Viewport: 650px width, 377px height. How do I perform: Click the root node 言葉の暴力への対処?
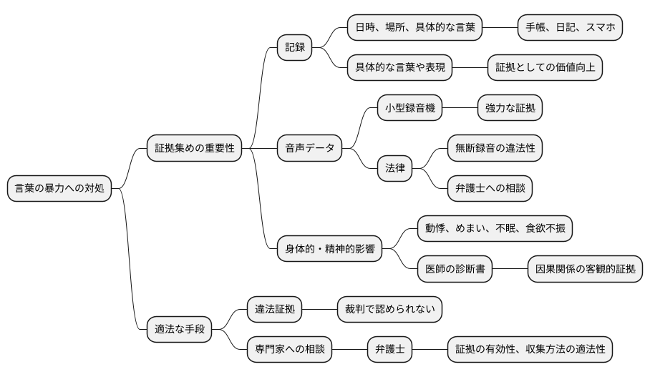(59, 189)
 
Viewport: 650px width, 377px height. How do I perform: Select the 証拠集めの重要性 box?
(195, 149)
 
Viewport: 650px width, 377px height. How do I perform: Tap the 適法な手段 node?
(180, 330)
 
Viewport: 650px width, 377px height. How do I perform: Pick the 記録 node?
(295, 48)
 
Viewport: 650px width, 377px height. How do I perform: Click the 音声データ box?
(310, 149)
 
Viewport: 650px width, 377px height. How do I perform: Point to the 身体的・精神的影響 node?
(329, 250)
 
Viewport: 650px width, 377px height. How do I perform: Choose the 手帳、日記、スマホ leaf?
(570, 28)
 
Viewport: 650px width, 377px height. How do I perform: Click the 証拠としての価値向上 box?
(545, 68)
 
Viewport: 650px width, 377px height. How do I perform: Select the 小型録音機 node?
(409, 109)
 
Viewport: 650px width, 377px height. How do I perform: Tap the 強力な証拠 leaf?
(510, 109)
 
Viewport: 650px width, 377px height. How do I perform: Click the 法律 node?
(394, 169)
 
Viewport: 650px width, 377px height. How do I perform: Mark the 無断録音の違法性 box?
(495, 149)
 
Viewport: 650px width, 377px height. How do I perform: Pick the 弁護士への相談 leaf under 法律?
(490, 189)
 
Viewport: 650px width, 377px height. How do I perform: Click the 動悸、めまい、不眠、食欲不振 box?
(495, 229)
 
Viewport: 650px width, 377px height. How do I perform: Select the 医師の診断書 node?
(455, 270)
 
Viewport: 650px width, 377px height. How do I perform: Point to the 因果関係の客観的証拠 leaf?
(585, 270)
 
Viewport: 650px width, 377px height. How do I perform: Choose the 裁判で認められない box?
(389, 310)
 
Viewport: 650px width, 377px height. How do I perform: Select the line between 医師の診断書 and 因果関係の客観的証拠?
(510, 270)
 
